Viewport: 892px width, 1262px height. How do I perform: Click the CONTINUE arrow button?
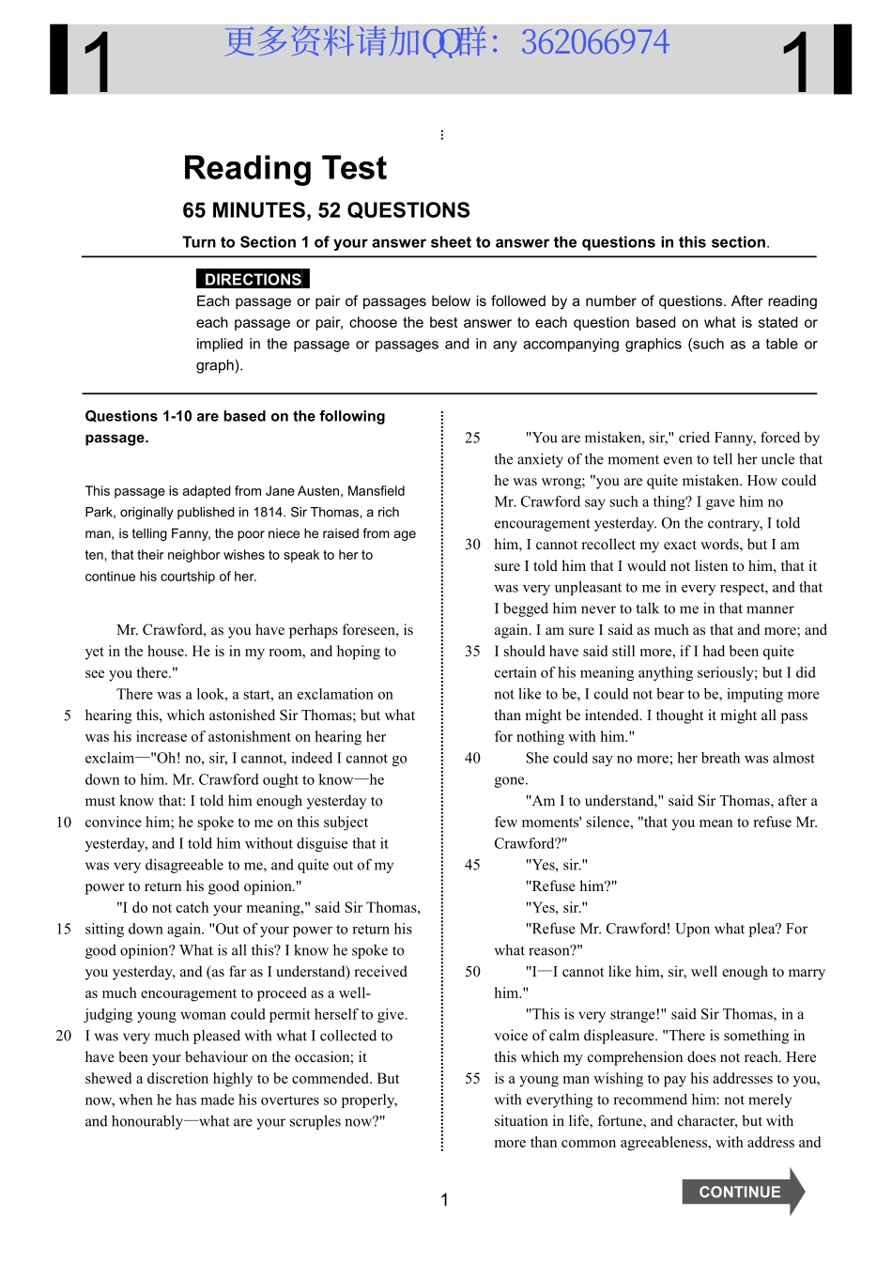tap(742, 1192)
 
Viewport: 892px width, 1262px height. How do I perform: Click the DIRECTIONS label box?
tap(253, 279)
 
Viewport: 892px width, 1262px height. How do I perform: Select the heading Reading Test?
tap(285, 168)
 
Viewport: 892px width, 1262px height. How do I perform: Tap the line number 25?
tap(472, 438)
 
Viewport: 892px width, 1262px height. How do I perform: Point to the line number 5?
tap(68, 716)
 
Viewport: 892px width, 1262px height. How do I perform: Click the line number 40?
tap(472, 758)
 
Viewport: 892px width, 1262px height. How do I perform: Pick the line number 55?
tap(472, 1079)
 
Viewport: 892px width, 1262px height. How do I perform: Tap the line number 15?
tap(64, 929)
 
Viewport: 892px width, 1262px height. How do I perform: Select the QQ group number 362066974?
tap(594, 42)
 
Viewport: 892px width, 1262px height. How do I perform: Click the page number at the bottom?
tap(444, 1199)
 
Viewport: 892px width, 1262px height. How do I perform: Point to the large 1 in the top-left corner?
tap(97, 62)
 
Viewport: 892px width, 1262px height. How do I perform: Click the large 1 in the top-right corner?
tap(796, 62)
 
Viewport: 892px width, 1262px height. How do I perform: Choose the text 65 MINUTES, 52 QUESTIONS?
tap(326, 210)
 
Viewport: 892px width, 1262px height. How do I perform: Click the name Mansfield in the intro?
tap(376, 491)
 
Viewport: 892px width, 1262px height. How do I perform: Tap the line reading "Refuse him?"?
tap(571, 886)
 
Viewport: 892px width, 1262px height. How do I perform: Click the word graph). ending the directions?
tap(220, 365)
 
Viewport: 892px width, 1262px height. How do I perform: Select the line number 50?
tap(472, 972)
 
